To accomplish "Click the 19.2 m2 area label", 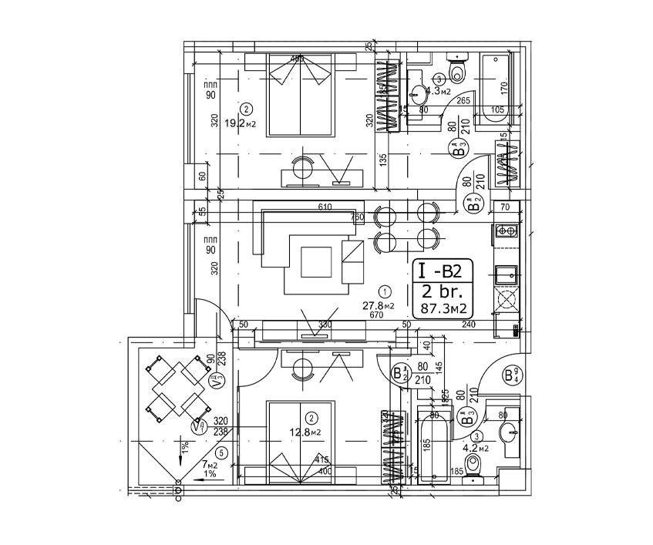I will click(x=240, y=122).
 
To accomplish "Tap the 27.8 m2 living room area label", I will click(x=379, y=305).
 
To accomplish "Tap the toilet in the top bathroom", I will click(x=458, y=69).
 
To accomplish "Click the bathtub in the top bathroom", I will click(x=494, y=85).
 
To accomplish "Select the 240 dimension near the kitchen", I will click(x=470, y=325).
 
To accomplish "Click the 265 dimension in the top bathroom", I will click(x=463, y=100).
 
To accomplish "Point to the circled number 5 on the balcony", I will click(x=221, y=452).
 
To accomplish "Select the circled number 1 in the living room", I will click(x=385, y=291).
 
